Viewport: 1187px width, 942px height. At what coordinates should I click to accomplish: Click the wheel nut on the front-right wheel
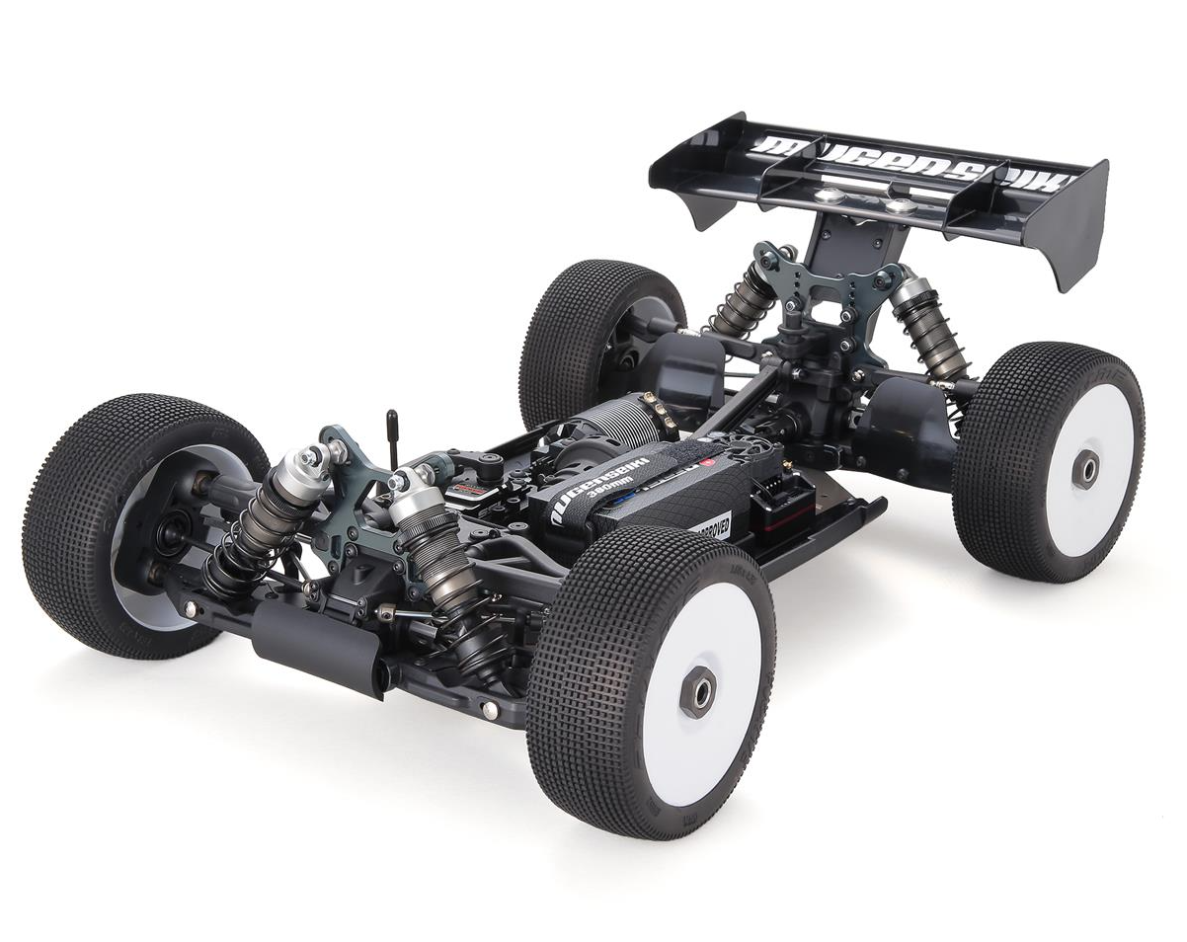click(x=698, y=689)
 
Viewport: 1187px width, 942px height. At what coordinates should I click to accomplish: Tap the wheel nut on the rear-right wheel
click(x=1084, y=469)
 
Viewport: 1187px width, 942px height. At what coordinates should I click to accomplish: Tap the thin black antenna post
click(x=391, y=434)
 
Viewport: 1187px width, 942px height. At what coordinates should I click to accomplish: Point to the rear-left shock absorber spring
click(x=737, y=302)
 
